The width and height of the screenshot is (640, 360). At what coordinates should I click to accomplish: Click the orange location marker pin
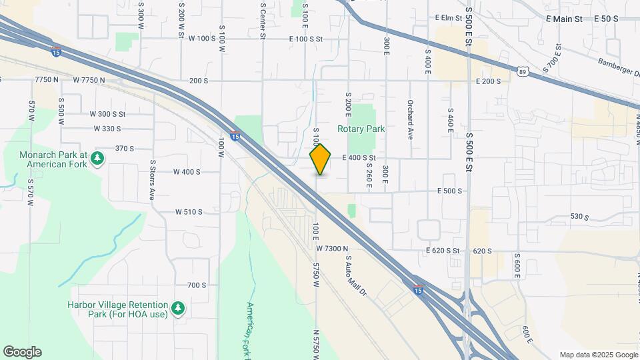320,159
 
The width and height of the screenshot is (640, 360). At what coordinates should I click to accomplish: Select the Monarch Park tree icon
98,158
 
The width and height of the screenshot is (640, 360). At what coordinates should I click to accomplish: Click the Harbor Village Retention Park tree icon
177,307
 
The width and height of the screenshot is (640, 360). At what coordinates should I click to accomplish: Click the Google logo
22,352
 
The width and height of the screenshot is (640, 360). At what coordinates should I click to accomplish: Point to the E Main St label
564,19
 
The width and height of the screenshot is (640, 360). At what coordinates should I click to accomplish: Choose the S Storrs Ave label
152,180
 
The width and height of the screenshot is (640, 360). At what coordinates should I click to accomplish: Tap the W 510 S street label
189,212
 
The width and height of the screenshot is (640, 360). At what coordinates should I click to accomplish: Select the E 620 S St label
443,251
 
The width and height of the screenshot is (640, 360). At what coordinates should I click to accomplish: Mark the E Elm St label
448,18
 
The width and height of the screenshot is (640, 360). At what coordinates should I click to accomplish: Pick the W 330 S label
107,129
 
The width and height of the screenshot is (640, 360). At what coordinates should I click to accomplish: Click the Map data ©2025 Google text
598,355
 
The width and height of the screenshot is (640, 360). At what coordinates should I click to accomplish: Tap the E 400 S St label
359,158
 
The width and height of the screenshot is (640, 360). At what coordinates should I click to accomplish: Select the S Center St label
263,20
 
